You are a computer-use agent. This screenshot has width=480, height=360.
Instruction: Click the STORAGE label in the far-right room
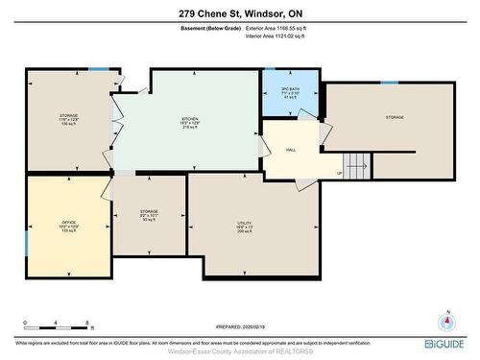[395, 117]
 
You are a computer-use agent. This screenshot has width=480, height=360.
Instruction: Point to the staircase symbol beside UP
[356, 163]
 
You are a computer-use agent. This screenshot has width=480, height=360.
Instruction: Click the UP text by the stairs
[338, 173]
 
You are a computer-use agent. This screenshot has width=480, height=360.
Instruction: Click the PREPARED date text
[240, 327]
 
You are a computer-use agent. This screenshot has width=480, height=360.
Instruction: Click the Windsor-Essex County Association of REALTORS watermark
[240, 350]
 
